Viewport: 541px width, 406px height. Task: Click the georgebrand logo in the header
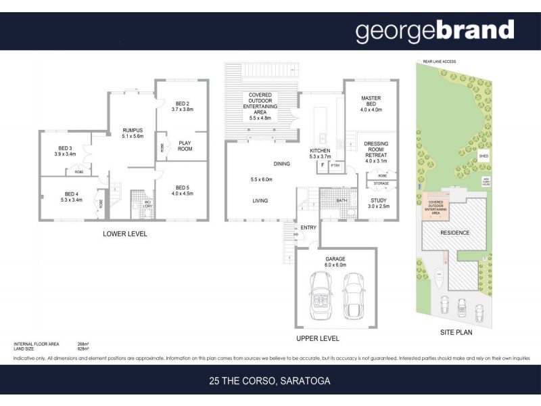tap(434, 31)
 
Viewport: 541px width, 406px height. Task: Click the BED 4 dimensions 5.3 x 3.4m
tap(70, 200)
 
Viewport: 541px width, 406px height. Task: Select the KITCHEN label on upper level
tap(319, 150)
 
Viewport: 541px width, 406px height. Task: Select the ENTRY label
tap(308, 227)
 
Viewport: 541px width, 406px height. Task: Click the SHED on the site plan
tap(483, 157)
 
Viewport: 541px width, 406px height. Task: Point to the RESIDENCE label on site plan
tap(454, 233)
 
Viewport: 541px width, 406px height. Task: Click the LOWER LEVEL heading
tap(124, 234)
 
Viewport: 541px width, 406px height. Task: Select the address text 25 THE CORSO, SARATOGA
tap(270, 381)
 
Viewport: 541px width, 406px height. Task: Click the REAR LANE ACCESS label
tap(439, 62)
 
